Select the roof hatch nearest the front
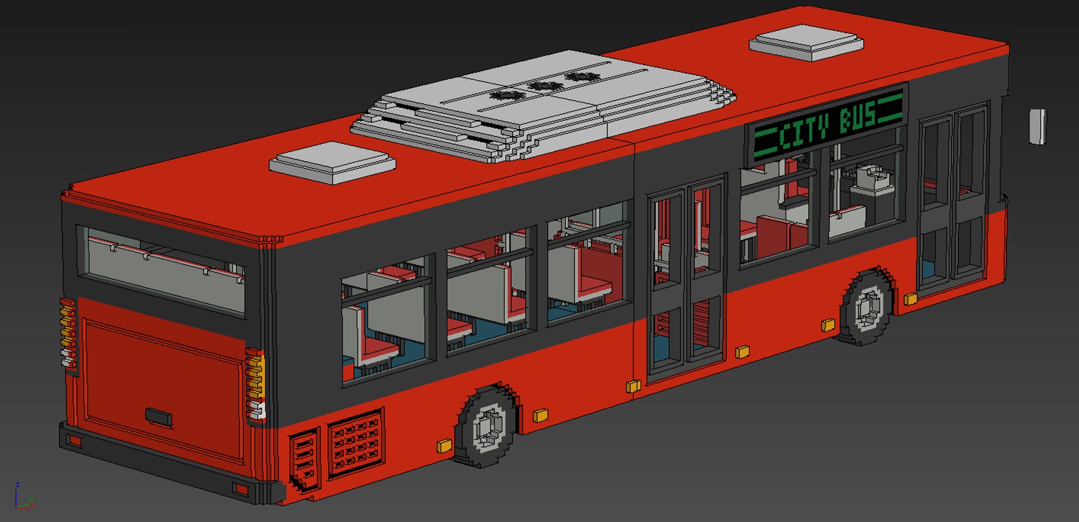click(x=806, y=43)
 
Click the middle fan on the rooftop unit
click(x=544, y=86)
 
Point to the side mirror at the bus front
click(x=1037, y=126)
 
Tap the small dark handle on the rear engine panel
click(x=158, y=417)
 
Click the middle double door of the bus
click(x=686, y=278)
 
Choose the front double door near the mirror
click(x=954, y=197)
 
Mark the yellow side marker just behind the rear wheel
click(x=444, y=446)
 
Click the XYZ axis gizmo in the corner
click(x=24, y=497)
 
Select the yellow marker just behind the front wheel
click(x=828, y=325)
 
